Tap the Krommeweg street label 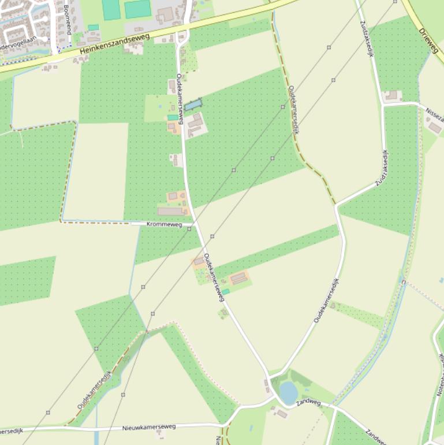pos(164,224)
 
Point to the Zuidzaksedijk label pos(382,168)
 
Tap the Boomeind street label pos(66,18)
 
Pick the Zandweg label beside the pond pos(308,402)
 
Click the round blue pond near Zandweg pos(288,392)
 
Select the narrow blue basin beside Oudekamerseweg pos(193,105)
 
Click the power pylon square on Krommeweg pos(189,229)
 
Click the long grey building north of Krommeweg pos(170,212)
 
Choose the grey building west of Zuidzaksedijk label pos(393,95)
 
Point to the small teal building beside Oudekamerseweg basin pos(173,117)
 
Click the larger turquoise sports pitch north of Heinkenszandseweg pos(137,9)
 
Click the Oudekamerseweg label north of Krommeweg pos(180,99)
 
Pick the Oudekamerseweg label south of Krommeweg pos(213,277)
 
